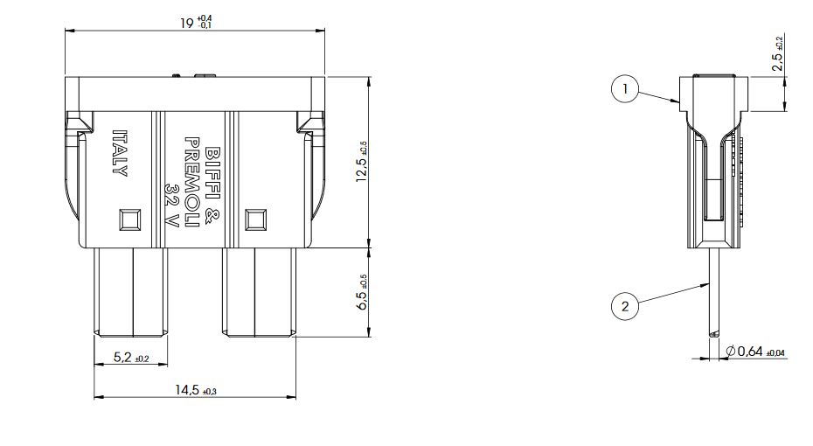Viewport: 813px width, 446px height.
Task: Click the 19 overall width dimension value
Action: coord(186,23)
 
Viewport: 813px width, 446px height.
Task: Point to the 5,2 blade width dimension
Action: coord(123,357)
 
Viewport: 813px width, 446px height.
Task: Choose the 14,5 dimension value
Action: coord(187,389)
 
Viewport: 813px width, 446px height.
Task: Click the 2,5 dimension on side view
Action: coord(777,62)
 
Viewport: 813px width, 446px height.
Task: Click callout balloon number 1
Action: coord(625,88)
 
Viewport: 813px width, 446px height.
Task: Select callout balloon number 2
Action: coord(625,306)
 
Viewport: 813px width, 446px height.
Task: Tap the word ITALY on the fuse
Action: coord(120,153)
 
